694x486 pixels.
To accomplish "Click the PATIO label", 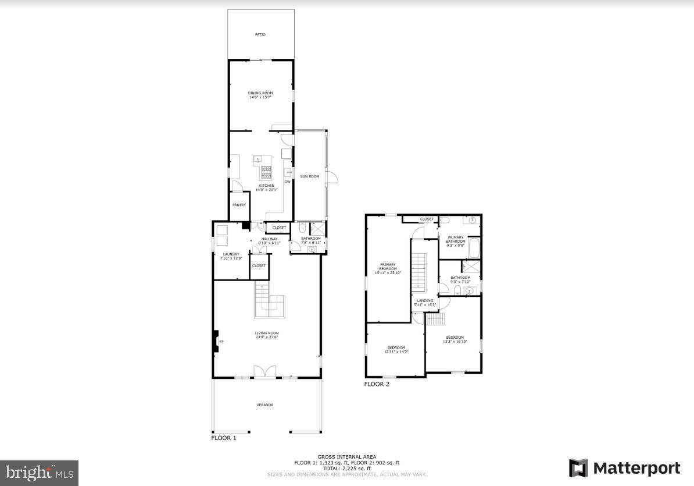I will pos(260,35).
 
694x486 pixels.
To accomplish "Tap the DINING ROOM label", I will pos(260,93).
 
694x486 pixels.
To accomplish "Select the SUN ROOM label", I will pos(310,176).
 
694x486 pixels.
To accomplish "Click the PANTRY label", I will pos(239,205).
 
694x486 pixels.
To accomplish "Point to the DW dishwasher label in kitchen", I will pos(287,182).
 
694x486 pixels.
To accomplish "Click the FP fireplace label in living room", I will pos(221,342).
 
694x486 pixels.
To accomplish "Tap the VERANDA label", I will pos(265,405).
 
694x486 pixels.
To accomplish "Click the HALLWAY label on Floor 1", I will pos(269,239).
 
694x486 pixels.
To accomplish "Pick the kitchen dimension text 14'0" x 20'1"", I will pos(268,190).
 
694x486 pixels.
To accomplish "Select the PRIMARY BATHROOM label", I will pos(455,239).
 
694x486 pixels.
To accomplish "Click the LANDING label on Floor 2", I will pos(424,301).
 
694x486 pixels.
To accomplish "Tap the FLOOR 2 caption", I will pos(377,384).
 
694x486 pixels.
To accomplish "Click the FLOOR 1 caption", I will pos(223,438).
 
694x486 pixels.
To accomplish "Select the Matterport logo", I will pos(624,468).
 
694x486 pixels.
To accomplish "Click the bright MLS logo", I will pos(39,473).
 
